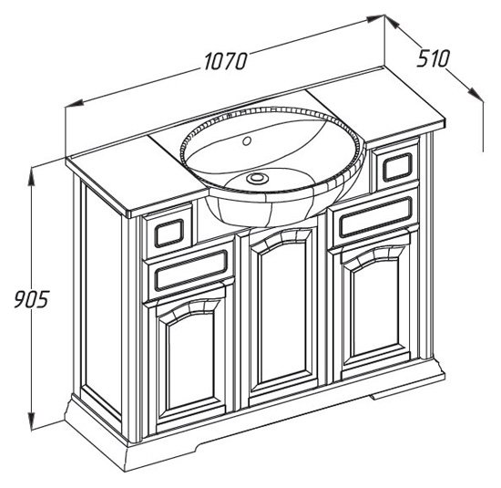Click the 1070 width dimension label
(226, 61)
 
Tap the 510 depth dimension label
(433, 58)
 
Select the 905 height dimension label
(31, 299)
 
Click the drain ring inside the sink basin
(258, 178)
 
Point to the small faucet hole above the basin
(246, 140)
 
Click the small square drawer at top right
(397, 167)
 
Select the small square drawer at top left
(169, 232)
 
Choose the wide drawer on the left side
(190, 271)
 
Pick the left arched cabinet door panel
(190, 360)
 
